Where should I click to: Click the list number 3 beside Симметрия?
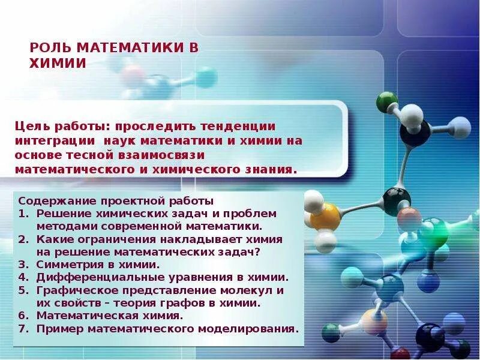click(22, 264)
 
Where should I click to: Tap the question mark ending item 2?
click(257, 251)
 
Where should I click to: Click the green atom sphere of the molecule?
click(387, 101)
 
